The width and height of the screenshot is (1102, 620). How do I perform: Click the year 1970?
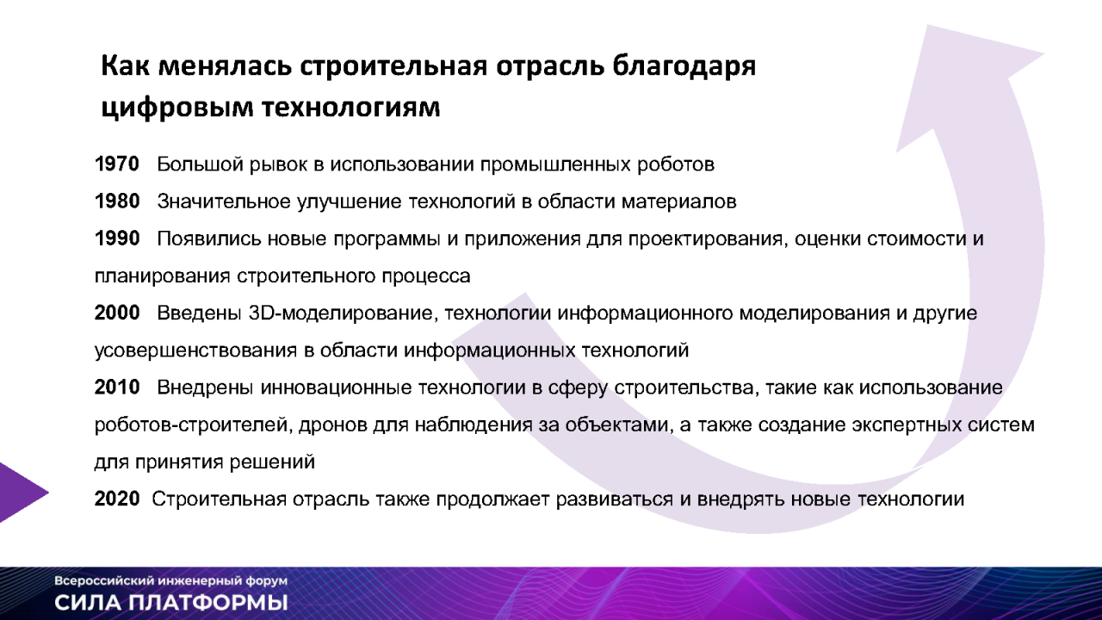tap(117, 164)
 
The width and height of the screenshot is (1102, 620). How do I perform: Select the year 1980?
tap(117, 201)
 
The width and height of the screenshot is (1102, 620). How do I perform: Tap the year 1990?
tap(117, 239)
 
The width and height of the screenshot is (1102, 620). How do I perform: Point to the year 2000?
tap(117, 313)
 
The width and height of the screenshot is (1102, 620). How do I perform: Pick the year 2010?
tap(117, 387)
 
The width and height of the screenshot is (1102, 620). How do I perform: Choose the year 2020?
tap(117, 499)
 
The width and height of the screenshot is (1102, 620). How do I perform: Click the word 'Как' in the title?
tap(125, 66)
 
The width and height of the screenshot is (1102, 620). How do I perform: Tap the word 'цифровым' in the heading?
tap(177, 108)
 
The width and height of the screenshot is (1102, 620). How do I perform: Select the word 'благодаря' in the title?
tap(684, 67)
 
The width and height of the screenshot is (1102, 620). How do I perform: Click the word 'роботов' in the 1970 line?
tap(676, 164)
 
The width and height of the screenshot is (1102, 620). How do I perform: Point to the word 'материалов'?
tap(679, 201)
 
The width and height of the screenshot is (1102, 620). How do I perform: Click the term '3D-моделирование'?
tap(344, 313)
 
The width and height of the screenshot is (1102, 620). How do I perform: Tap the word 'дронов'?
tap(332, 425)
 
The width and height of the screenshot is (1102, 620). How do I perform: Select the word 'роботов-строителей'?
tap(191, 425)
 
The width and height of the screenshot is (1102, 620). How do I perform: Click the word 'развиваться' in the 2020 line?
tap(615, 499)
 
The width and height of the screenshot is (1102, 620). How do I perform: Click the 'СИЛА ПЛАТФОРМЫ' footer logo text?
tap(171, 603)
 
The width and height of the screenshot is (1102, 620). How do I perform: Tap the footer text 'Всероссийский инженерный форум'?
tap(170, 581)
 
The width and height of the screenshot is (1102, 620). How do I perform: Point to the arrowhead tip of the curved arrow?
tap(928, 26)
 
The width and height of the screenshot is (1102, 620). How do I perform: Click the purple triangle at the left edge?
tap(20, 493)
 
